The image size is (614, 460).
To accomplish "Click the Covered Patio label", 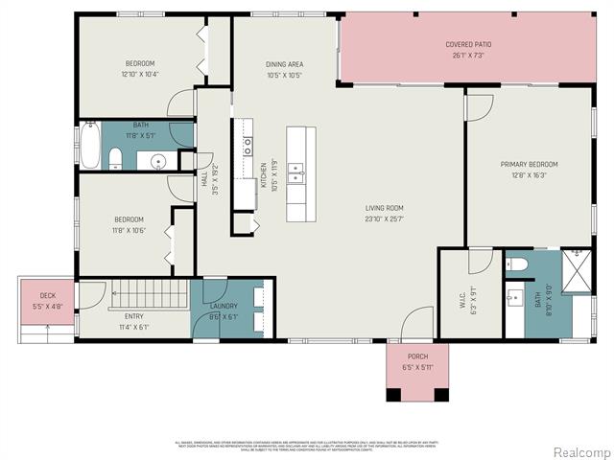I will coord(468,44).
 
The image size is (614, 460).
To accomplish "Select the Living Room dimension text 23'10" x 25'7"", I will coord(384,218).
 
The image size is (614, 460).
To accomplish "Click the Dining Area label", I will coord(284,64).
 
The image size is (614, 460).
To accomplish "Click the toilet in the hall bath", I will coord(115,158).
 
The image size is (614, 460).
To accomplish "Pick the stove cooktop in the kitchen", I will coord(247,146).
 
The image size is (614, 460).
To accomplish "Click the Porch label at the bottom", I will coord(417,356).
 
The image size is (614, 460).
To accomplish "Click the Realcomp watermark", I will coord(579,451).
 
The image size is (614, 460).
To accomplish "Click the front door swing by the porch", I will coord(417,324).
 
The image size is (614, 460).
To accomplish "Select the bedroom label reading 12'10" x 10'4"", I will coord(139,74).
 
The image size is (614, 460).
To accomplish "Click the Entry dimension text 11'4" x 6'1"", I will coord(130,327).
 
